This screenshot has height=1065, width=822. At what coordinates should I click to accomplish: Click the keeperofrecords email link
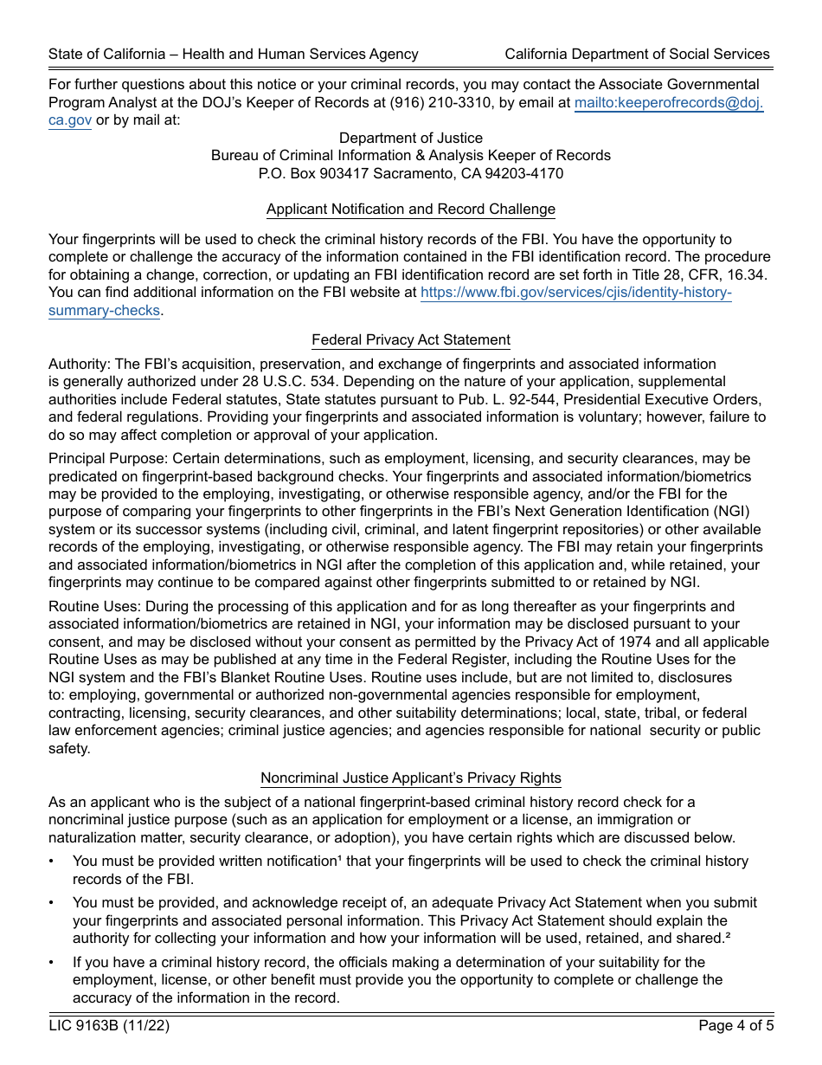click(x=668, y=102)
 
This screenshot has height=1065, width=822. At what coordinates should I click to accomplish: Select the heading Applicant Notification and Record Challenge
click(x=411, y=209)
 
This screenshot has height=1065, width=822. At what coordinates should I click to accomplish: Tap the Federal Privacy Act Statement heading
click(x=411, y=339)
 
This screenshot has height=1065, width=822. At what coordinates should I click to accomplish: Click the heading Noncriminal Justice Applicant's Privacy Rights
click(x=411, y=778)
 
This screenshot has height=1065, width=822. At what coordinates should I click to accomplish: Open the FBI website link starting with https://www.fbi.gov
click(x=575, y=293)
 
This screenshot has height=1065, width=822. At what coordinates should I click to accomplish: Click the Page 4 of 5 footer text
click(x=734, y=1026)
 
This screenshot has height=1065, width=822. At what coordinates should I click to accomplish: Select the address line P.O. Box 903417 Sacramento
click(x=411, y=173)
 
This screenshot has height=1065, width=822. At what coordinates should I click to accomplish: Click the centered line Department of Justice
click(x=411, y=138)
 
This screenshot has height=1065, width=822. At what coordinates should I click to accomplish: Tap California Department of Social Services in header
click(x=637, y=54)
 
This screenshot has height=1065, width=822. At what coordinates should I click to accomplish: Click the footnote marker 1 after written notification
click(x=337, y=859)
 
